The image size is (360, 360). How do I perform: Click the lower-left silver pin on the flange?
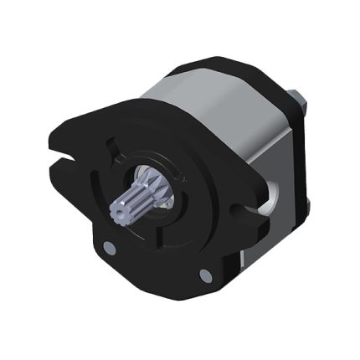(x=108, y=247)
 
